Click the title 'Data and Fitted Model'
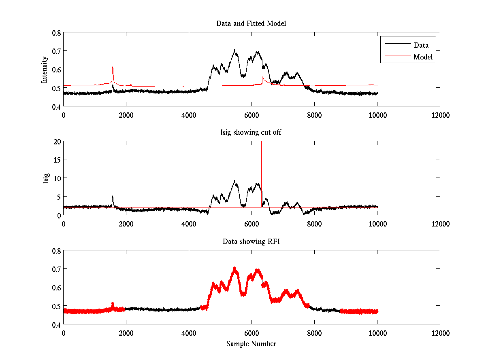pos(251,23)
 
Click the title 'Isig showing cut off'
pos(251,133)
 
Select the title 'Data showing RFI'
pos(251,241)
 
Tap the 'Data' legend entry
pos(421,45)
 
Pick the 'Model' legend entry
pos(423,57)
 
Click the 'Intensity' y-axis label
pos(45,70)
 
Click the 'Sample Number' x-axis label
pos(251,344)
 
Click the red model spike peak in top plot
pos(113,67)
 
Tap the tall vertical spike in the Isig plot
pos(262,162)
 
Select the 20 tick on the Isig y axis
pos(57,141)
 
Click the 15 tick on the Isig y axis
pos(57,160)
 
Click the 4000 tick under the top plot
pos(189,115)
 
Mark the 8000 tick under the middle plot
pos(314,224)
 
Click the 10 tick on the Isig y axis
pos(57,178)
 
